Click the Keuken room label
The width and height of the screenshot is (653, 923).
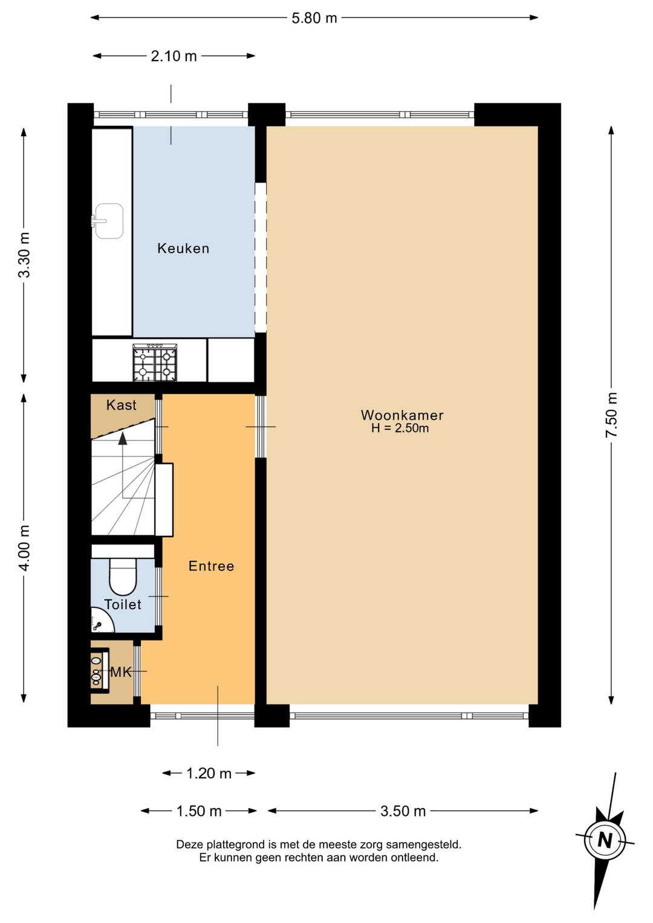click(x=183, y=249)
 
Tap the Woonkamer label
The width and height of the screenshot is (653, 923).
click(x=402, y=415)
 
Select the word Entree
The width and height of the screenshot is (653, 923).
click(x=212, y=566)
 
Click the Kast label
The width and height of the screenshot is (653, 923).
click(x=121, y=405)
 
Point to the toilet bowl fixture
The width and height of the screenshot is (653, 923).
click(x=123, y=576)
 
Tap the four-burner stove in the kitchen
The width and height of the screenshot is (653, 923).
click(x=155, y=363)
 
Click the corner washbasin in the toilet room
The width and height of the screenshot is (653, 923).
click(x=102, y=620)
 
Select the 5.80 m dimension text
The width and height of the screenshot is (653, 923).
click(x=314, y=19)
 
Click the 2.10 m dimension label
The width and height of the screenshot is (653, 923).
click(x=174, y=56)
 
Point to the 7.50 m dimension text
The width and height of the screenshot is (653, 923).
click(x=611, y=416)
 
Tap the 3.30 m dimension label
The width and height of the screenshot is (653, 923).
click(x=24, y=255)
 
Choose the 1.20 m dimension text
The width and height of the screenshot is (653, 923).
click(x=209, y=774)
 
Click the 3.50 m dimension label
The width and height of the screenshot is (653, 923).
click(x=403, y=811)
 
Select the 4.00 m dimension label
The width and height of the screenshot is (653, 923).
click(x=24, y=548)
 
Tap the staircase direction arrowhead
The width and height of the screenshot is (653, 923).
click(x=122, y=439)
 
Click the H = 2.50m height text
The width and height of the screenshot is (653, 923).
click(x=400, y=428)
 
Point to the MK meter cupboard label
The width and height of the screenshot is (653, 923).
click(x=121, y=673)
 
